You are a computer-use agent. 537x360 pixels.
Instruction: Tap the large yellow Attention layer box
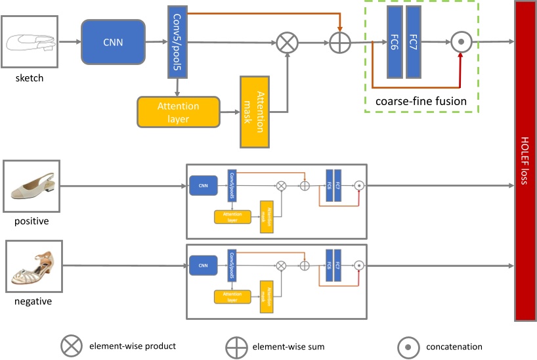coord(178,112)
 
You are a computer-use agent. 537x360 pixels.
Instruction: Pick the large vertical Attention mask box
coord(255,112)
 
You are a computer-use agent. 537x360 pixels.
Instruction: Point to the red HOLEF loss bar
coord(525,161)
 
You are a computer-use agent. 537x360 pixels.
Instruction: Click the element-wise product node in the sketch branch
coord(286,43)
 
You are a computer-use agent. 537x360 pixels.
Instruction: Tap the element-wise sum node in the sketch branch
coord(340,43)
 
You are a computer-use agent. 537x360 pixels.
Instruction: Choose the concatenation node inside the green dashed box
coord(462,42)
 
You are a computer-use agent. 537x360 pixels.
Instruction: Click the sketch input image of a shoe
coord(30,41)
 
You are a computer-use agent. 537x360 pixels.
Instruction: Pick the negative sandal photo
coord(34,267)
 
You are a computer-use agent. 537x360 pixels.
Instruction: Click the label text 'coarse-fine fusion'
coord(420,101)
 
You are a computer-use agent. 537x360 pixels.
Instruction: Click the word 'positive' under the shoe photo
coord(31,221)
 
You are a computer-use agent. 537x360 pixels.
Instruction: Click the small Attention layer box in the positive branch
coord(232,216)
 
